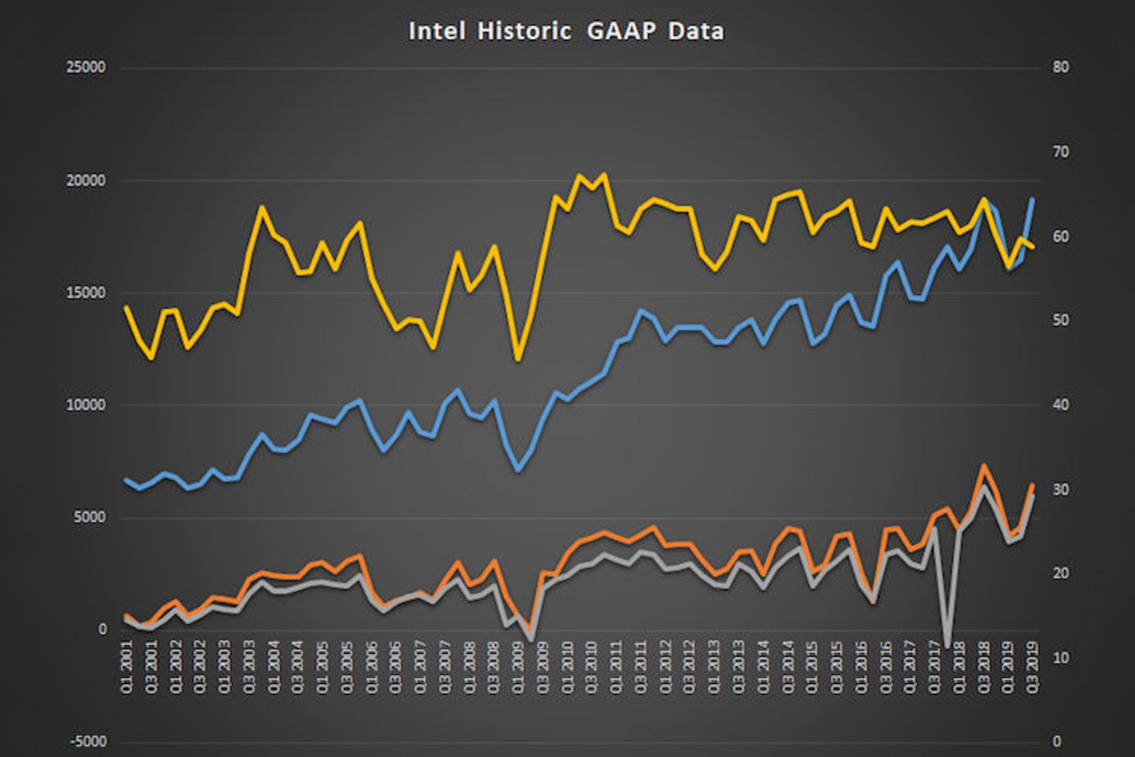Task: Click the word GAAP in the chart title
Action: [x=621, y=31]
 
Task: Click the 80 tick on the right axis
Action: [x=1061, y=67]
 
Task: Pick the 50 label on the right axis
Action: [x=1061, y=321]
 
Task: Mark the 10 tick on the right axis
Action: [x=1061, y=658]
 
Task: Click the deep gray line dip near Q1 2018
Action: [x=947, y=646]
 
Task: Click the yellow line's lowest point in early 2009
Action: [x=518, y=359]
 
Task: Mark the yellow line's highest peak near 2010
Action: [x=604, y=174]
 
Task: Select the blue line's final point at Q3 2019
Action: [x=1033, y=199]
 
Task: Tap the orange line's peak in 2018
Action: [x=983, y=465]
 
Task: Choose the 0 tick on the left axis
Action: [x=102, y=630]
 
